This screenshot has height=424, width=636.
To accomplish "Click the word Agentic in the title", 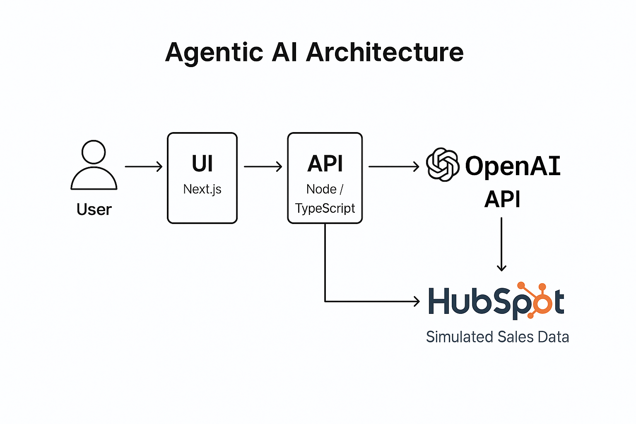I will (x=214, y=53).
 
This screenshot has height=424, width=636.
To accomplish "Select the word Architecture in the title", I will (x=385, y=53).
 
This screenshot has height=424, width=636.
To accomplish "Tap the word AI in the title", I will (x=284, y=53).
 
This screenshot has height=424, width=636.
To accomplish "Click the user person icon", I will (x=94, y=165).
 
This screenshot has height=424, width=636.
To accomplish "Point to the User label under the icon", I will (x=94, y=210).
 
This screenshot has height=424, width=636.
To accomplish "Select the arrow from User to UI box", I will (x=143, y=166).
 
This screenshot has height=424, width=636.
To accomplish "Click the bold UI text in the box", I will (x=202, y=164).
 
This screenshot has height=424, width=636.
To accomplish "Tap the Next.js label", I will (x=202, y=189).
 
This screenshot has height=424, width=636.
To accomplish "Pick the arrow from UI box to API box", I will (x=263, y=166).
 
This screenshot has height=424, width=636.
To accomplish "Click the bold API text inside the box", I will (x=325, y=164).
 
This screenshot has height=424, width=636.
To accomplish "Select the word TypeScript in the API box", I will (x=325, y=208).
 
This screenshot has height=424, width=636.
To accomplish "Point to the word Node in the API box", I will (x=321, y=189).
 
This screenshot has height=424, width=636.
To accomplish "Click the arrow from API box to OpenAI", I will (x=394, y=166).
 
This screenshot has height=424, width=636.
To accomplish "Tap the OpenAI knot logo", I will (x=443, y=165).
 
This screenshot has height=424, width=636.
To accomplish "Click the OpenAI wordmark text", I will (x=513, y=166).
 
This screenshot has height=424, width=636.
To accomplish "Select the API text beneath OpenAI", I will (x=502, y=199).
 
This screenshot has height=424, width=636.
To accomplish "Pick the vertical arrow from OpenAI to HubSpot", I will (x=501, y=244).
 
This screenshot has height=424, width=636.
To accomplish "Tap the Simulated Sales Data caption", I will (x=497, y=337).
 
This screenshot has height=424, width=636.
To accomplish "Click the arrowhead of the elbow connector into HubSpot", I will (x=417, y=301).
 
